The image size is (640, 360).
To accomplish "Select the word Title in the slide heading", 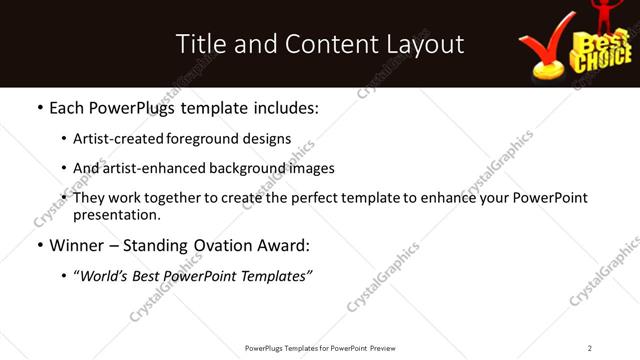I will tap(197, 44).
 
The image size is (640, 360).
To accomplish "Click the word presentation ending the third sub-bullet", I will tap(116, 215).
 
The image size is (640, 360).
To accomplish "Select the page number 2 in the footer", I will tap(589, 347).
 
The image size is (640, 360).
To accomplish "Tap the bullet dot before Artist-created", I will tap(64, 139).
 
